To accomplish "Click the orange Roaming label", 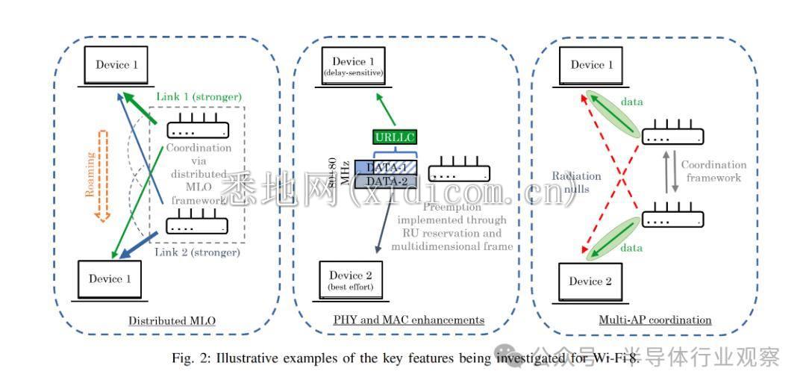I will (x=90, y=173).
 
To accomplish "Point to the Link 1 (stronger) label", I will (x=199, y=97).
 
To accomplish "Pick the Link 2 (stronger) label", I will (x=198, y=252).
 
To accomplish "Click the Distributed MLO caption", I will (x=172, y=321).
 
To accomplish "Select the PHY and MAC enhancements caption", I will (x=408, y=320).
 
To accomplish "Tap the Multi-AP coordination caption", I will (x=655, y=320).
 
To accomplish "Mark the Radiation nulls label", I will (x=575, y=181).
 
